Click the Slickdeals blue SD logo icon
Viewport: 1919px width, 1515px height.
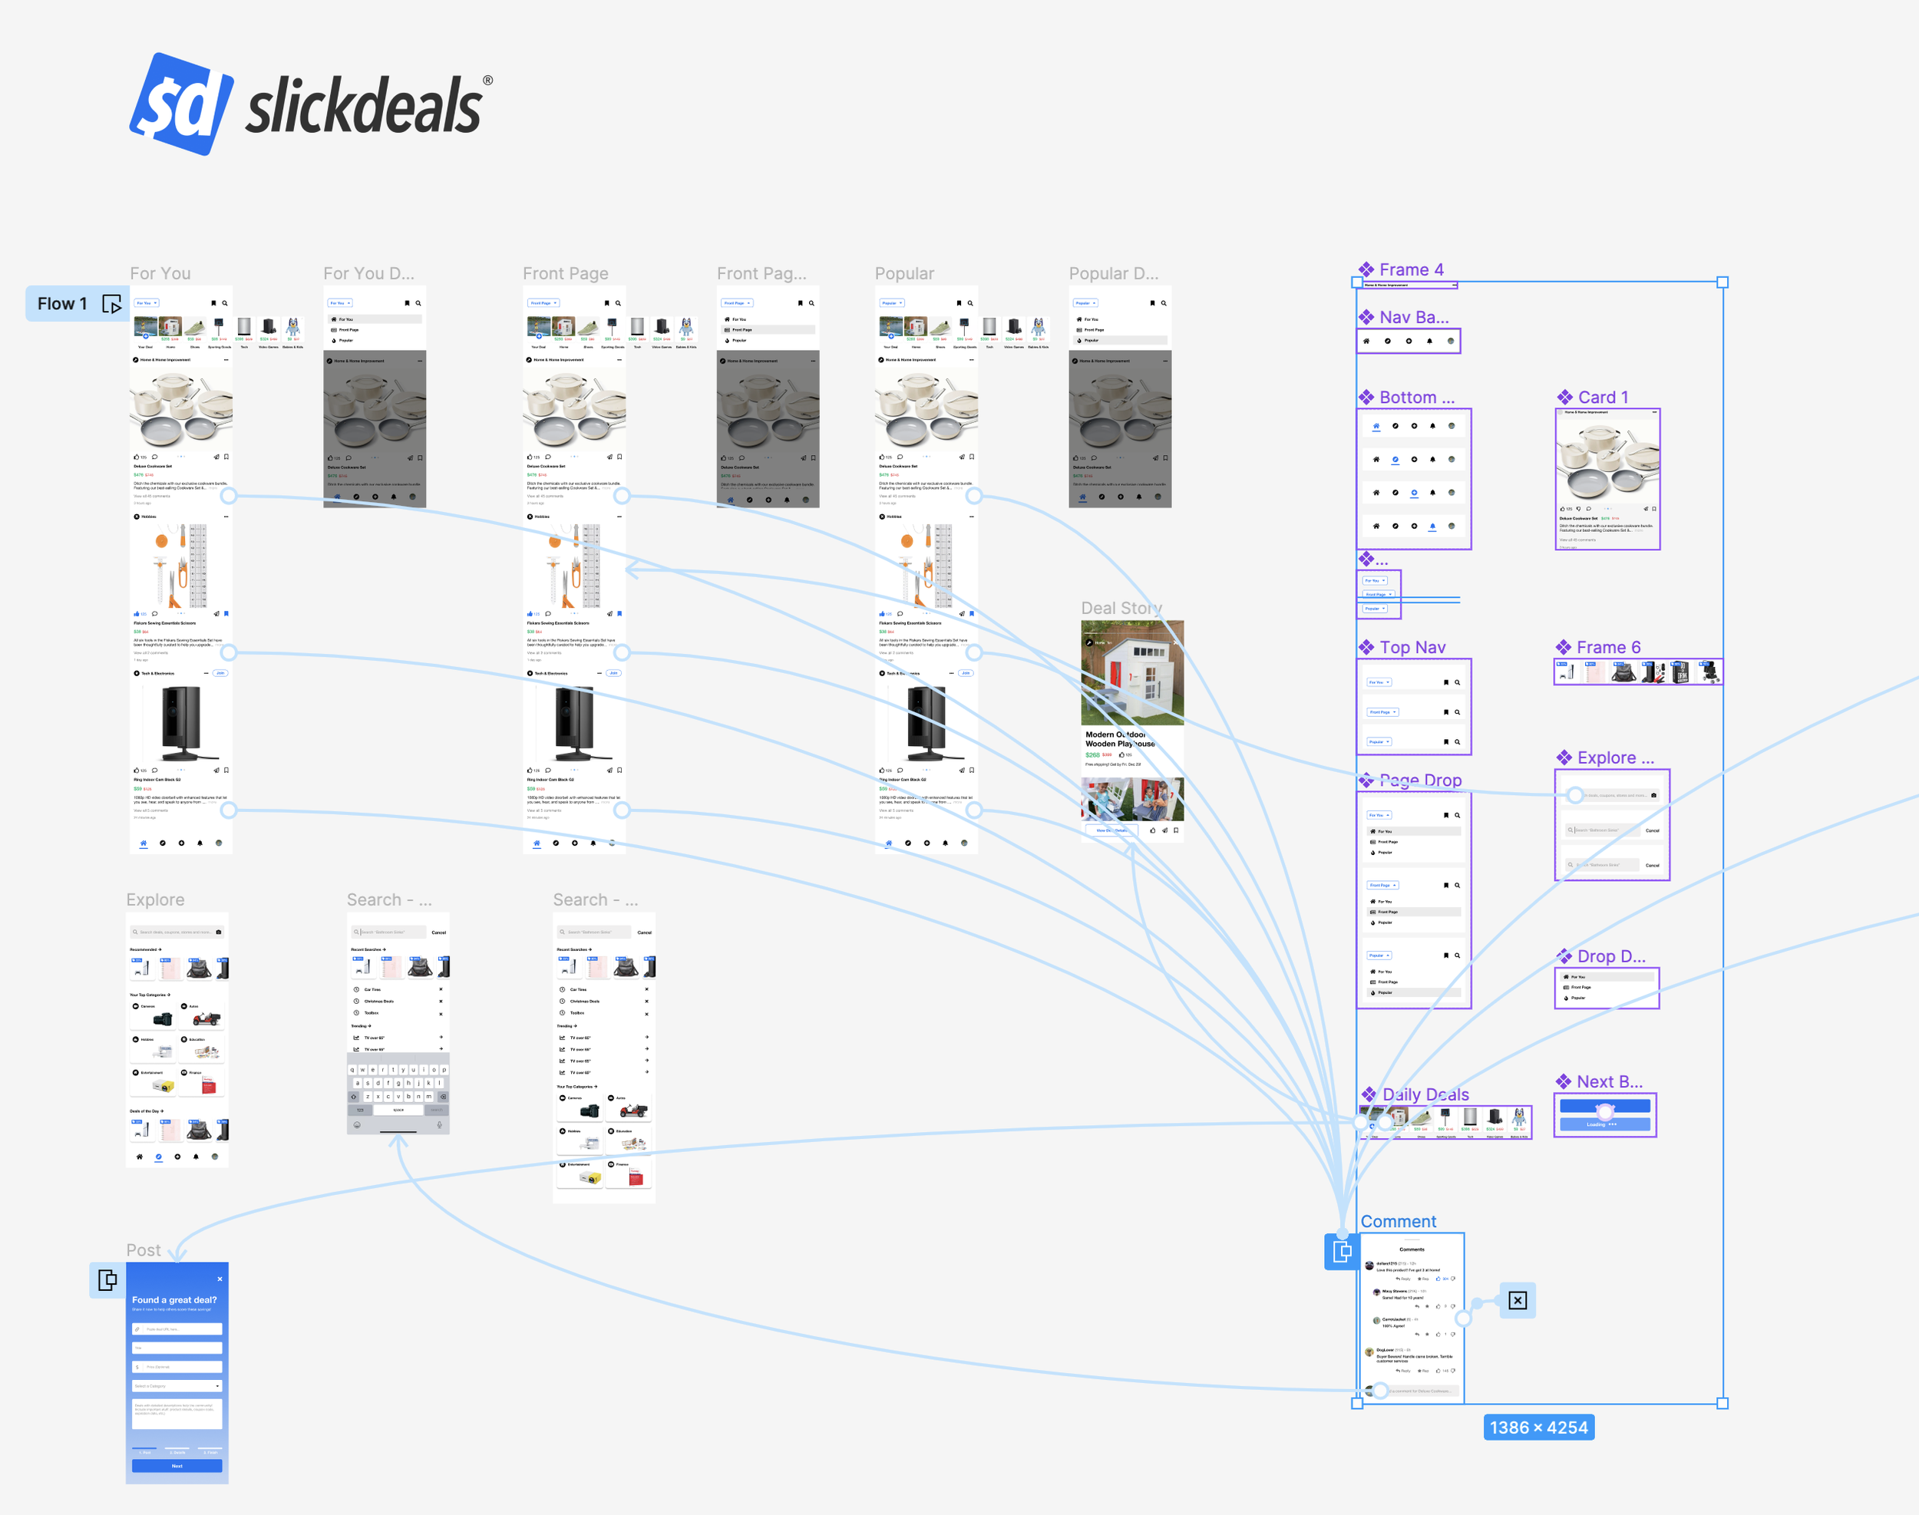click(182, 104)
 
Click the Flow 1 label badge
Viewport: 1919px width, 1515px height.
click(62, 303)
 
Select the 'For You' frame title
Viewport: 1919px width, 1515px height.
click(160, 273)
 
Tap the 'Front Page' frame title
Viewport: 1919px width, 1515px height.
click(565, 273)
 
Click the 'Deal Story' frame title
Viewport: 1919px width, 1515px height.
click(1121, 608)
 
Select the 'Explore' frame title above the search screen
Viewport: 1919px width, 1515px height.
click(155, 899)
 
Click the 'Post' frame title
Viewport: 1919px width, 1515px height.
click(143, 1249)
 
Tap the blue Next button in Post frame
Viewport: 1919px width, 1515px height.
click(177, 1465)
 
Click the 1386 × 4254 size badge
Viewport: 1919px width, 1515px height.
click(1538, 1428)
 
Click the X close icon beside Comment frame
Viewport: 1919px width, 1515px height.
click(1517, 1300)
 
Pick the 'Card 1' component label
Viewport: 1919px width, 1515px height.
click(1602, 398)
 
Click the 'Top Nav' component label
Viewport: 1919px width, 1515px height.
click(1412, 648)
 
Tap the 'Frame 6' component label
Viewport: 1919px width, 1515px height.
click(1607, 648)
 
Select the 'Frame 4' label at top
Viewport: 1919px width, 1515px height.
click(1411, 269)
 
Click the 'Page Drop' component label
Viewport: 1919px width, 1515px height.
click(1419, 781)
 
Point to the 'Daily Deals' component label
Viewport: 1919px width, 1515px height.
click(1425, 1094)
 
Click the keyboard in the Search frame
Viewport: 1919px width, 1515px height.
click(398, 1092)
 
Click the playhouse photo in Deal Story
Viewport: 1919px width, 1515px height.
click(1132, 672)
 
